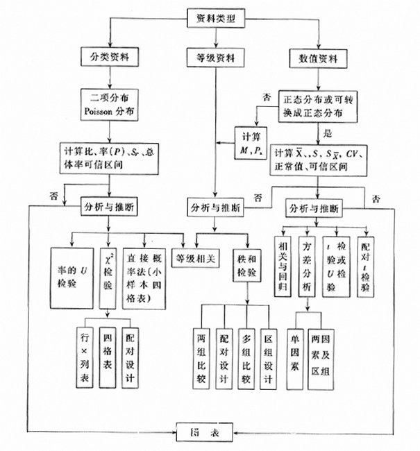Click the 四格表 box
coord(107,352)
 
